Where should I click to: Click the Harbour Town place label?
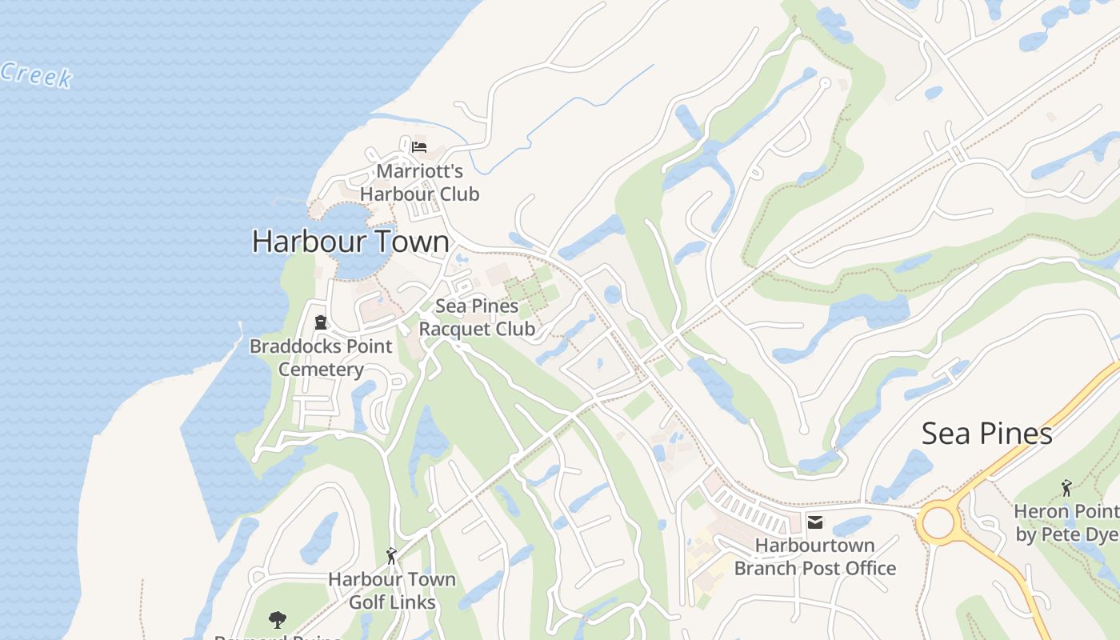tap(350, 242)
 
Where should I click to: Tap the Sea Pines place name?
tap(986, 434)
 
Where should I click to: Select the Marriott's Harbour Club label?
tap(419, 182)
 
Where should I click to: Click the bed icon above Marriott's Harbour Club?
tap(419, 147)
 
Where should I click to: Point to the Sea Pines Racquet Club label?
tap(477, 317)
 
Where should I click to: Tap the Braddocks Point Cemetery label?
tap(321, 358)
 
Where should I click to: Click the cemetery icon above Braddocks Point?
tap(321, 323)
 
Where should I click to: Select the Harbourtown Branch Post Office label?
tap(815, 557)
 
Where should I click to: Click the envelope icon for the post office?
tap(815, 523)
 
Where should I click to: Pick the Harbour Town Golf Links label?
tap(392, 590)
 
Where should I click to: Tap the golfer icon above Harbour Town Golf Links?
tap(391, 555)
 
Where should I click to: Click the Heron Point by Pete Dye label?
tap(1066, 522)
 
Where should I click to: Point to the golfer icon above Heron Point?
tap(1066, 487)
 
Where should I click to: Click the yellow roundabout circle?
tap(938, 523)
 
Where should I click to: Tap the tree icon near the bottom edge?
tap(278, 619)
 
